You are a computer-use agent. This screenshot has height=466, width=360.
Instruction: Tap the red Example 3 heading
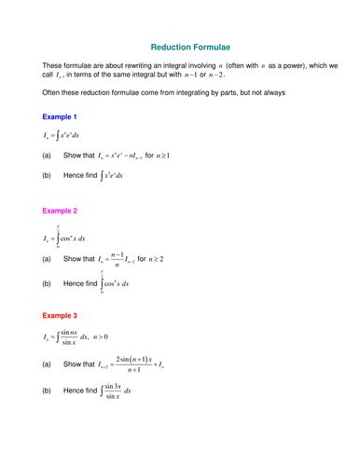coord(60,316)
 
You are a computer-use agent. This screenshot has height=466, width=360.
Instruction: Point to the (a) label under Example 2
coord(47,258)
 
